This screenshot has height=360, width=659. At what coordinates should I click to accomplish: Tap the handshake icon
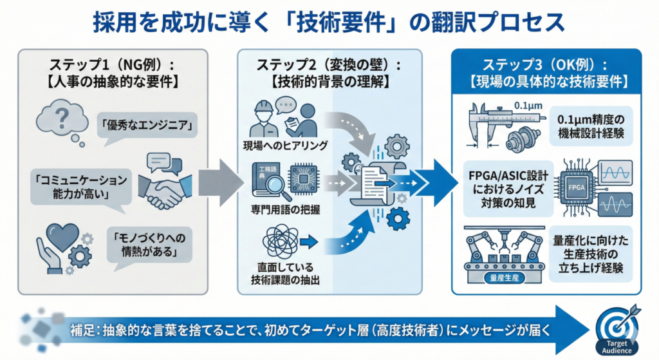point(164,187)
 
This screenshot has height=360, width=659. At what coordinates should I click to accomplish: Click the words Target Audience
point(616,347)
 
